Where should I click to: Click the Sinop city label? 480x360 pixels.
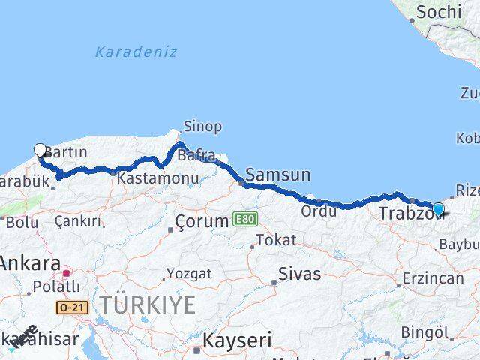202,127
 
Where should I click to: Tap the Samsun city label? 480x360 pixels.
277,175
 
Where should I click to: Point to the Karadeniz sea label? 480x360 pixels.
136,52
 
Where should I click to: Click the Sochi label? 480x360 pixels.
438,12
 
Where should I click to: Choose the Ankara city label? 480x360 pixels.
30,263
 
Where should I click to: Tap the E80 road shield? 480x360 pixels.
244,219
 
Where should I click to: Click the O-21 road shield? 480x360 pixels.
67,307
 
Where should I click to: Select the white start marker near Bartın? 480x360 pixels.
40,151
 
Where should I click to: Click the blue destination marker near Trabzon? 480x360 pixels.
438,210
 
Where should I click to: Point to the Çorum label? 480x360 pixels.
201,221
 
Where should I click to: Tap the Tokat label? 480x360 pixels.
276,240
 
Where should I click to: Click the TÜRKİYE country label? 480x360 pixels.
148,305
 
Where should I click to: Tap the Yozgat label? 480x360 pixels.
188,273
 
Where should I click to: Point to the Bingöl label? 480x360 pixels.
424,331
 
